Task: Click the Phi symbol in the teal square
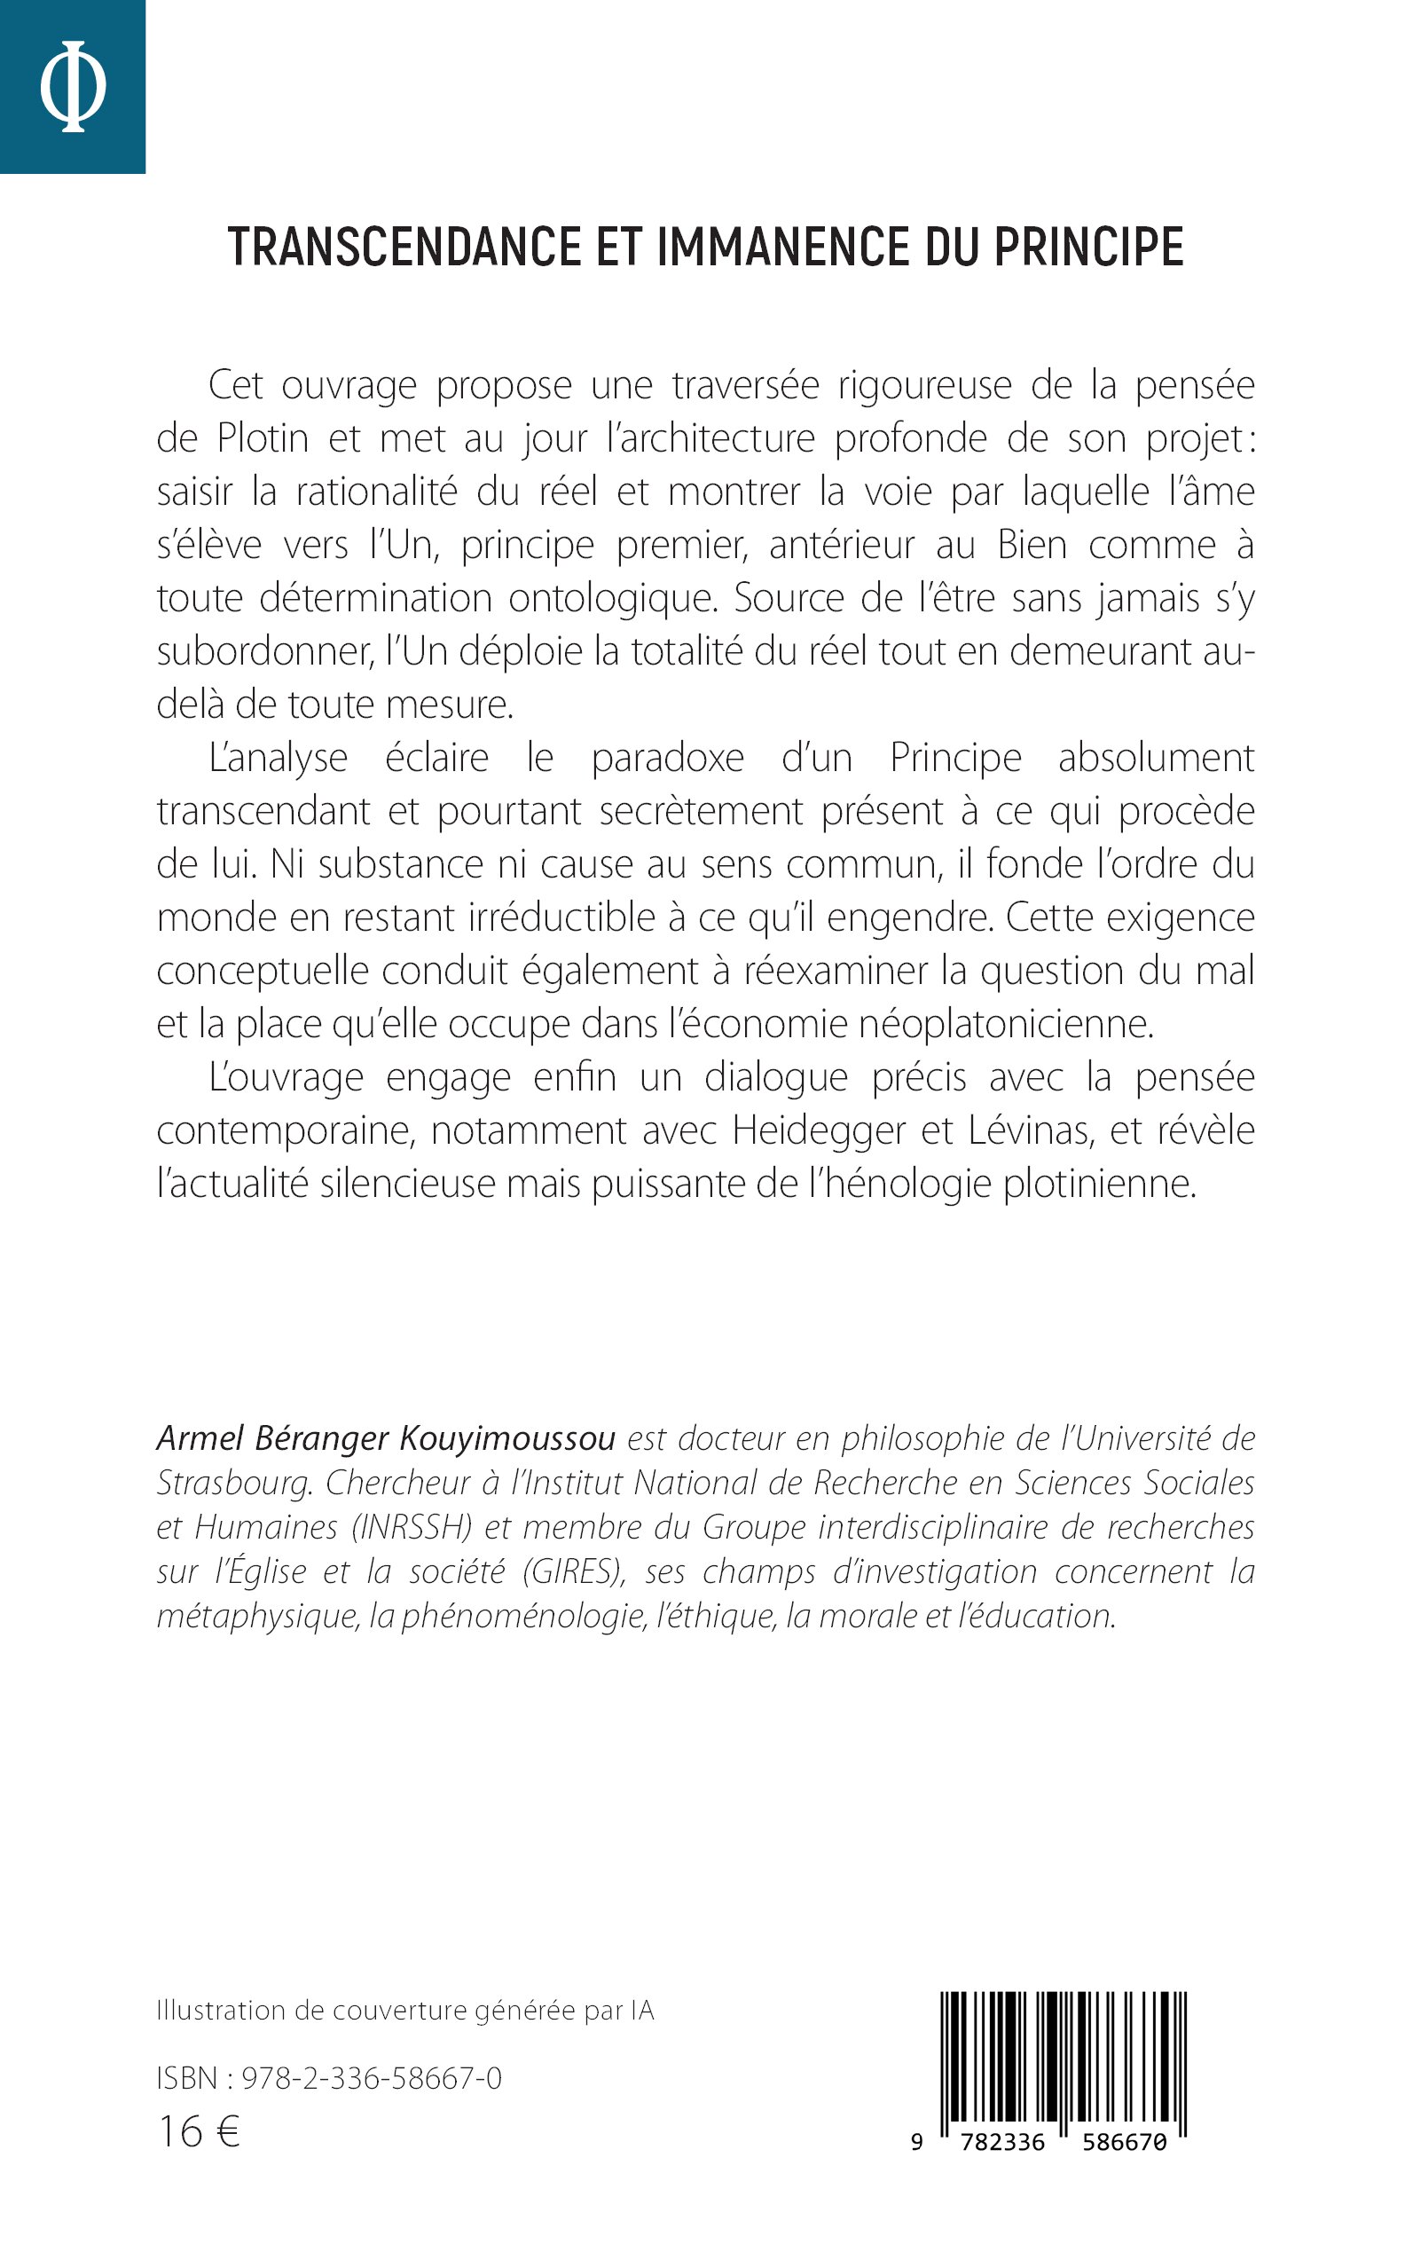click(x=73, y=86)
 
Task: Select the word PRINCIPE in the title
click(x=1087, y=248)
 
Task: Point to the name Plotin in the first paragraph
click(x=263, y=438)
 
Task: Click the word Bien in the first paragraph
click(x=1032, y=545)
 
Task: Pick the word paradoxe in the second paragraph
click(x=667, y=758)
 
